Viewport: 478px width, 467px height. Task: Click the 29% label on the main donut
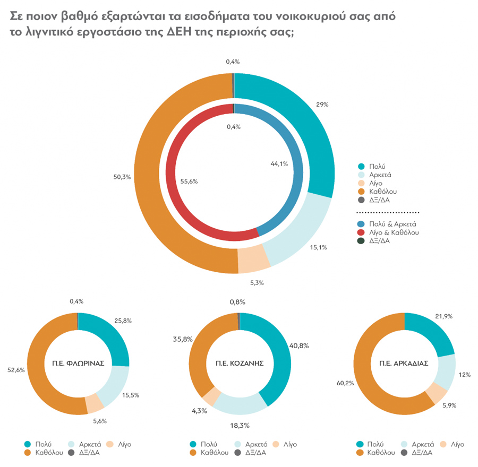click(x=322, y=105)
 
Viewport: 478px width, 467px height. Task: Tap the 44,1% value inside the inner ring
click(x=279, y=164)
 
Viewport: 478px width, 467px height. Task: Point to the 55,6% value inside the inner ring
click(x=189, y=181)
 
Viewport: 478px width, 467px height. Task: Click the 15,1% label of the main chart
click(x=318, y=247)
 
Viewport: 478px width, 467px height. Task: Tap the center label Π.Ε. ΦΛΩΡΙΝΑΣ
click(x=78, y=364)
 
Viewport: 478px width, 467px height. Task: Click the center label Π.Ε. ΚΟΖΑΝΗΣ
click(x=240, y=364)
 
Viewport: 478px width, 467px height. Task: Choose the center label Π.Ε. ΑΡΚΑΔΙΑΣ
click(x=404, y=364)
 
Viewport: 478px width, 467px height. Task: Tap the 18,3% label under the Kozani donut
click(x=240, y=426)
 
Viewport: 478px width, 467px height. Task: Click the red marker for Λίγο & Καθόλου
click(x=361, y=232)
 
